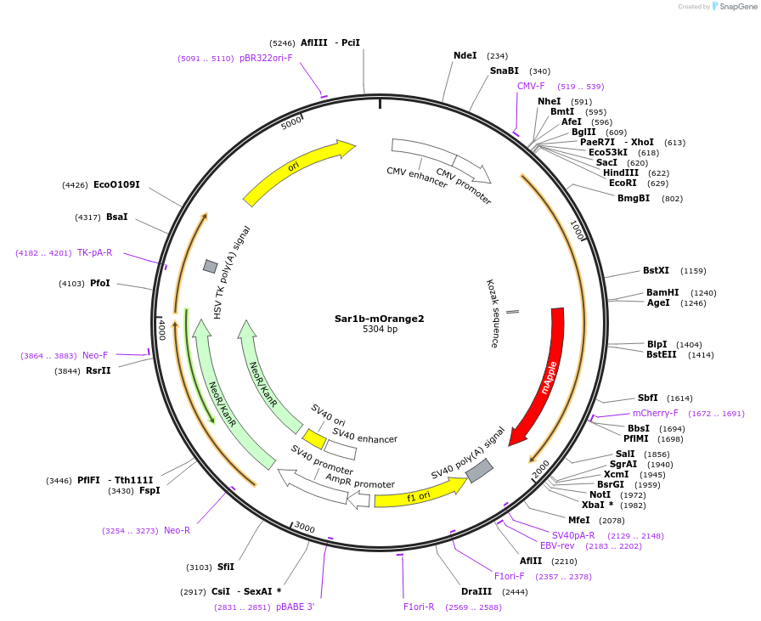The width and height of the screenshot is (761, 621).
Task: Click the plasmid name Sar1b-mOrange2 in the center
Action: click(x=379, y=319)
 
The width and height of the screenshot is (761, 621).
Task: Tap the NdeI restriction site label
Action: click(x=465, y=56)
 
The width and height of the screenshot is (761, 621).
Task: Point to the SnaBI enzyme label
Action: click(x=504, y=71)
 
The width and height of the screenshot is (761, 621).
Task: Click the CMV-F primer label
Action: click(x=531, y=86)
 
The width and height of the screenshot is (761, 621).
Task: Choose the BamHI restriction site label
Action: click(x=662, y=292)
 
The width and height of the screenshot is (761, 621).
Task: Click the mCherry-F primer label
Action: click(x=655, y=413)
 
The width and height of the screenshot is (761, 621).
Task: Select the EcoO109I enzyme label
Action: click(x=116, y=184)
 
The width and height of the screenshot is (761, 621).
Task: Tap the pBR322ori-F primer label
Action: click(x=266, y=58)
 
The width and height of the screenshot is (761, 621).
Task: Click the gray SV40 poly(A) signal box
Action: click(x=479, y=470)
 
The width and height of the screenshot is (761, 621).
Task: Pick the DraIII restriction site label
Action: click(x=476, y=591)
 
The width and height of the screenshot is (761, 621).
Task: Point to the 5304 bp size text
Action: click(x=380, y=329)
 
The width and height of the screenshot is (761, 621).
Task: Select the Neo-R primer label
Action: click(x=177, y=530)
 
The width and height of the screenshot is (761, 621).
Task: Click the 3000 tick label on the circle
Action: click(x=304, y=528)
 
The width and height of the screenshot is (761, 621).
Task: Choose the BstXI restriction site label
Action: click(x=656, y=271)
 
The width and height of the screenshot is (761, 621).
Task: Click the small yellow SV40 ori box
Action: click(x=314, y=438)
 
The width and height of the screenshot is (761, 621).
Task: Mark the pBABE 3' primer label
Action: click(x=295, y=607)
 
